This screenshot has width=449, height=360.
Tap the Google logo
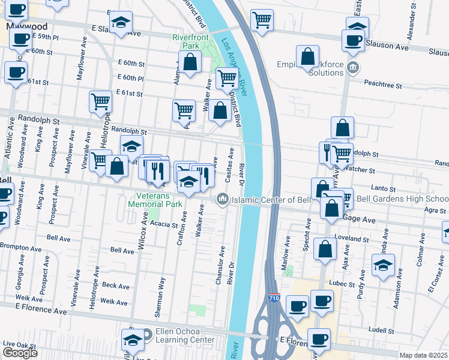tap(20, 352)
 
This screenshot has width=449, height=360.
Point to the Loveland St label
tap(352, 239)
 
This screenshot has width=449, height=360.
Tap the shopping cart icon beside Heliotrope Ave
tap(101, 101)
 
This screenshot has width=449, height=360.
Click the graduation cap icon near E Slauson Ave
tap(121, 23)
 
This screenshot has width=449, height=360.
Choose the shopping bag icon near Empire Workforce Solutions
tap(307, 57)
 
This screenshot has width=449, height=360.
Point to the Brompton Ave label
tap(20, 247)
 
